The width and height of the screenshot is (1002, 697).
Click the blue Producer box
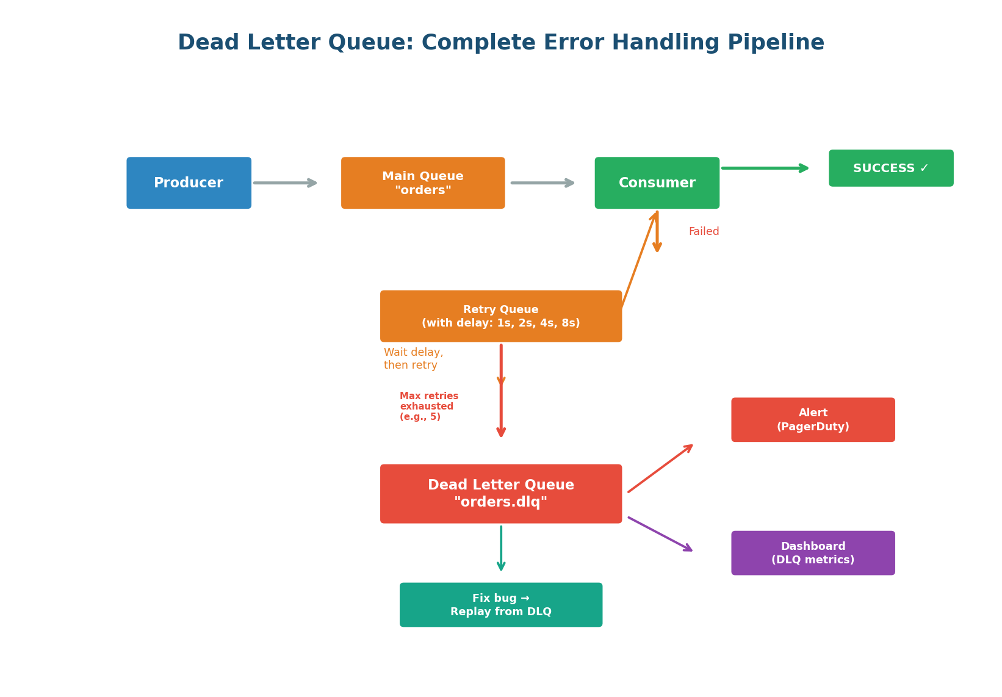189,183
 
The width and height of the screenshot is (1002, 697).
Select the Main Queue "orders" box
423,183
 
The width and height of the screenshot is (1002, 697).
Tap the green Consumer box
657,183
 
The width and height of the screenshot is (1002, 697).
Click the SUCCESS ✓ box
890,168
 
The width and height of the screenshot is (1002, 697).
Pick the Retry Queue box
500,316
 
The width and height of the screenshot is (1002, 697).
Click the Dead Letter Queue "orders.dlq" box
500,494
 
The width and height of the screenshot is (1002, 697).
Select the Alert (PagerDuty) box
813,420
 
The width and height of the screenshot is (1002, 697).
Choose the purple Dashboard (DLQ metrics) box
813,553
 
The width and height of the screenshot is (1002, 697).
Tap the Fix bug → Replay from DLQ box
500,605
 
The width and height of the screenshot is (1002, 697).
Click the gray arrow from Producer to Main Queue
285,183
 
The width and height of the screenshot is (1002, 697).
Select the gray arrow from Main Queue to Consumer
542,183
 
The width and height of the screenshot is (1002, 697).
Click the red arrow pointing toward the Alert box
660,469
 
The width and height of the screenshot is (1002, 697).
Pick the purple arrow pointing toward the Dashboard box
660,534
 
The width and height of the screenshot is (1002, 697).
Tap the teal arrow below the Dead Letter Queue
501,548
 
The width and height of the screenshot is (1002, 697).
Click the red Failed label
704,232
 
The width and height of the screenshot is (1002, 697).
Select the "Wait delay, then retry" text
413,359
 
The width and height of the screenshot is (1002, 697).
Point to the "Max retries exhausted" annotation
428,406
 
